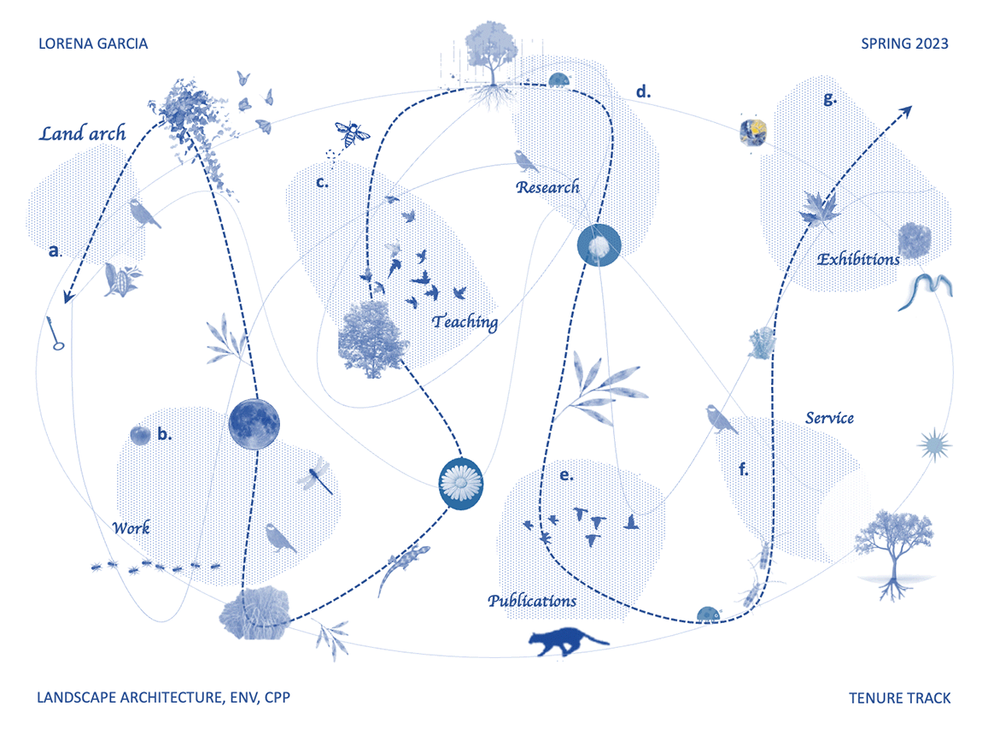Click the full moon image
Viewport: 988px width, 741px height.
[254, 424]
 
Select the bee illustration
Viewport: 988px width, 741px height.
[352, 134]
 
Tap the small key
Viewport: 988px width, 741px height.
[57, 334]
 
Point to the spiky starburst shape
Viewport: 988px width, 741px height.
[933, 445]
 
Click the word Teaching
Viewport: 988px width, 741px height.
[465, 322]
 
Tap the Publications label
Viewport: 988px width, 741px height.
[532, 601]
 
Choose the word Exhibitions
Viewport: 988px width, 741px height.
[857, 258]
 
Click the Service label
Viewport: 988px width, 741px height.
[829, 418]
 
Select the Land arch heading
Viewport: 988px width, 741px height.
[83, 133]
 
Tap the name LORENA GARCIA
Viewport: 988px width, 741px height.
[93, 44]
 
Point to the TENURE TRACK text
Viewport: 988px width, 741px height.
[899, 698]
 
